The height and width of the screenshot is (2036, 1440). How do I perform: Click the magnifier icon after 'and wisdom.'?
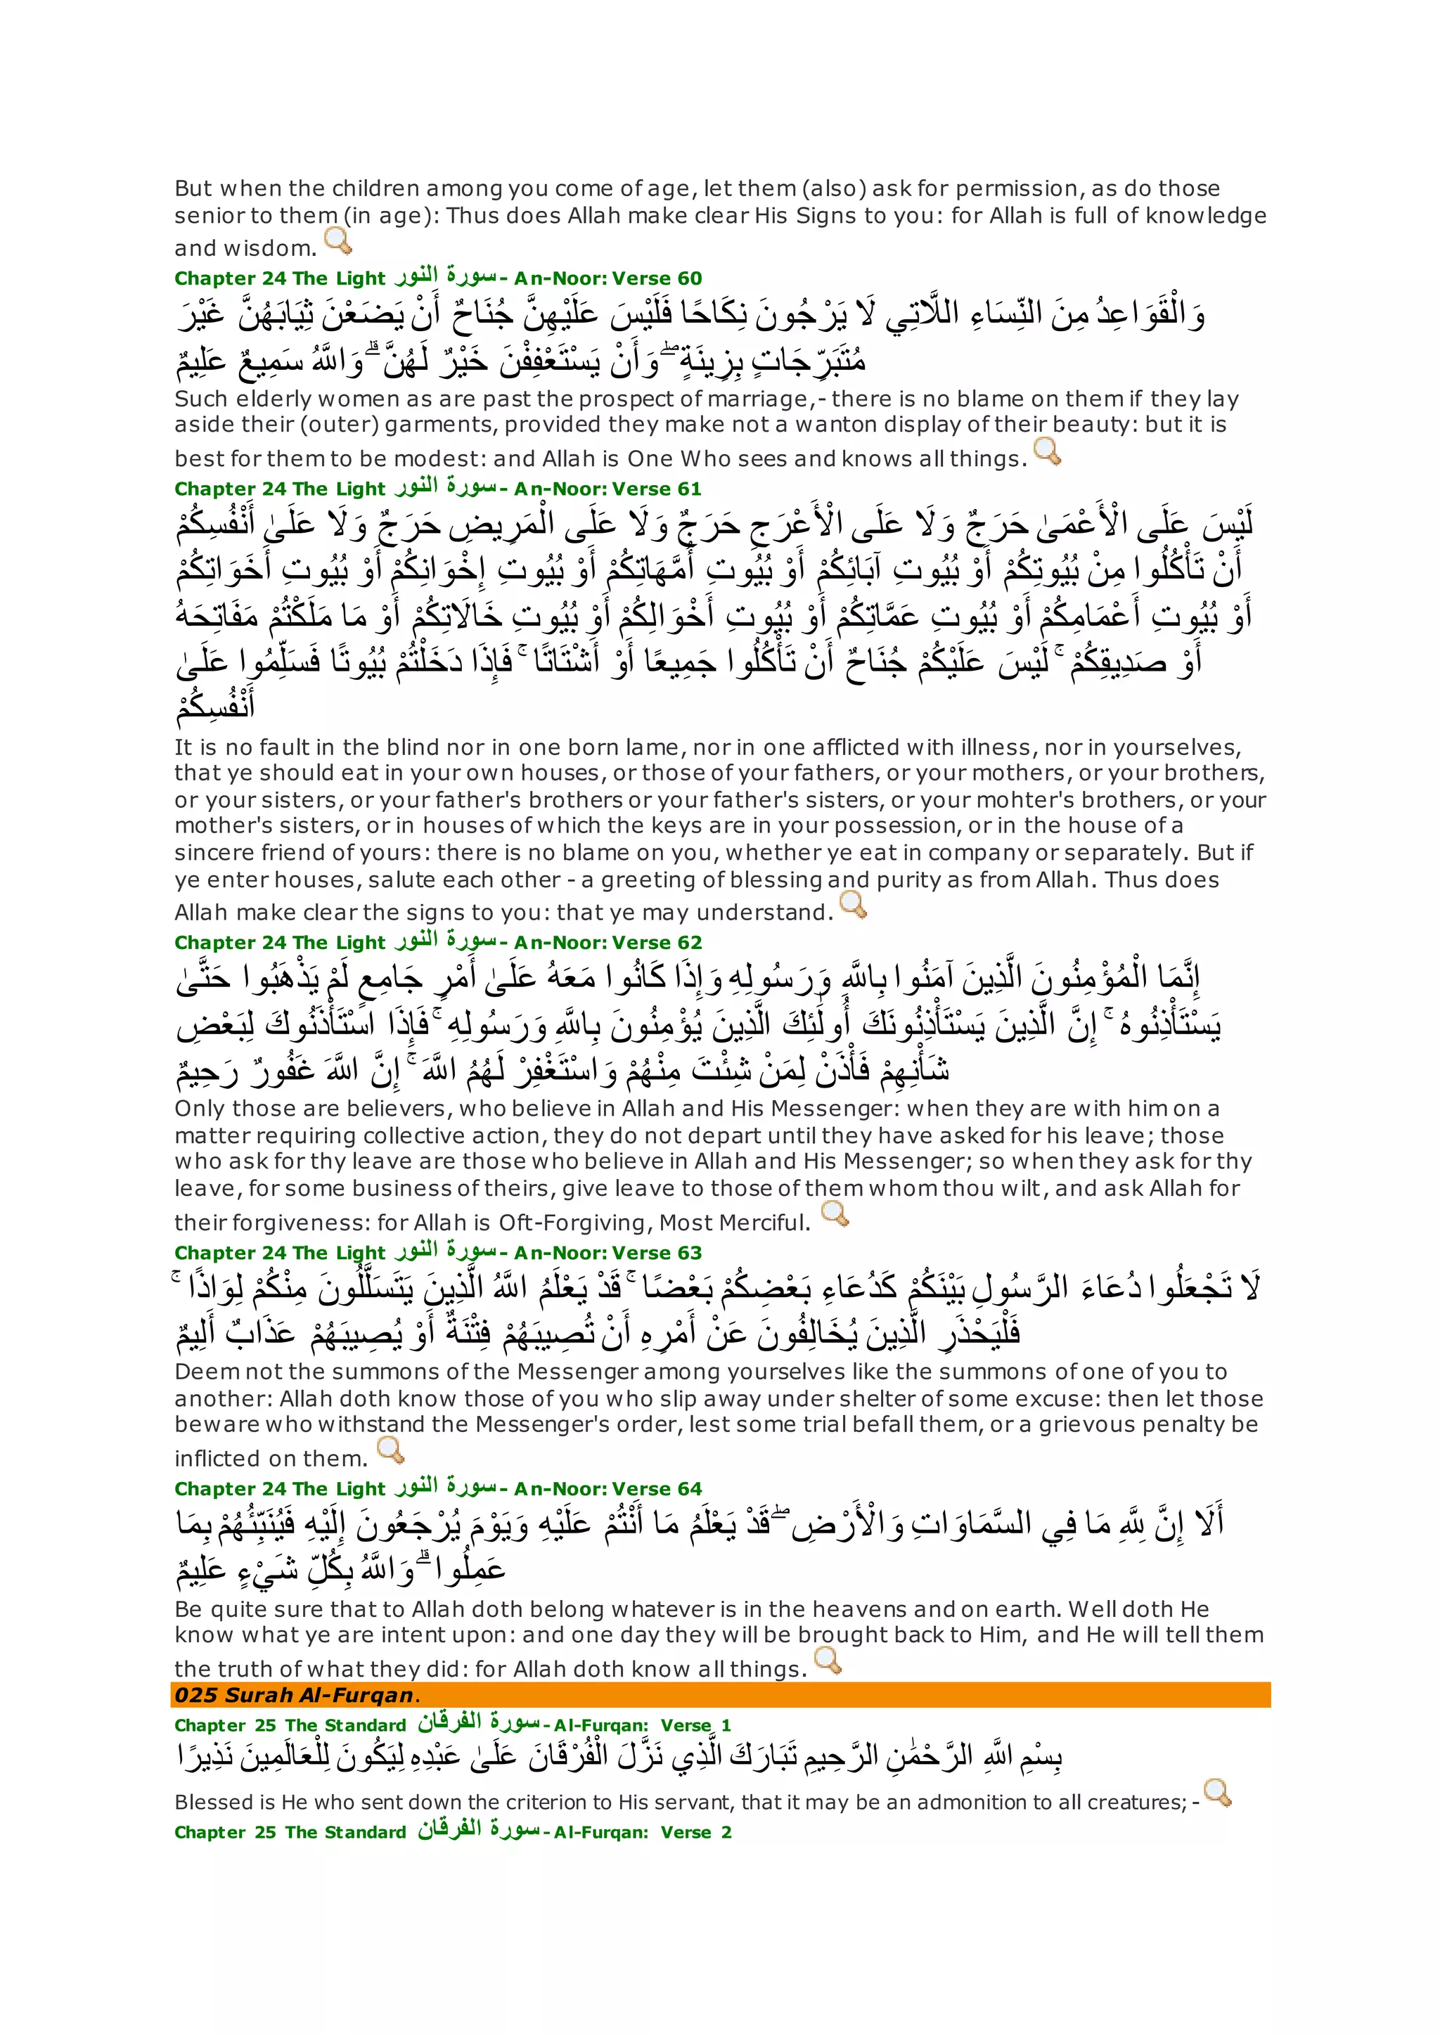pyautogui.click(x=337, y=241)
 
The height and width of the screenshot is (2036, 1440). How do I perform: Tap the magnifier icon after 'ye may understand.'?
pyautogui.click(x=852, y=905)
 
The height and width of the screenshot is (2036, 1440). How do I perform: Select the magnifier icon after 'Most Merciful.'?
pyautogui.click(x=835, y=1214)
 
